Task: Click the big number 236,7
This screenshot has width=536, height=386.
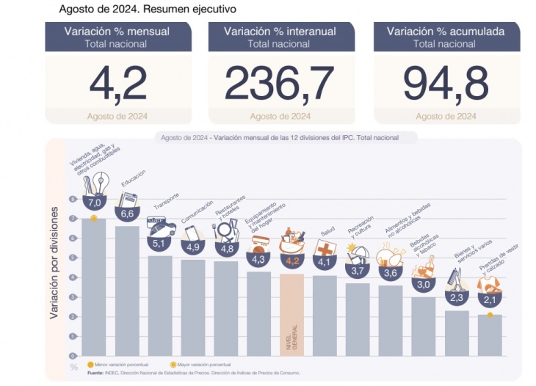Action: (279, 83)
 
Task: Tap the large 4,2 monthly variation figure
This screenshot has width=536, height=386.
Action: (118, 83)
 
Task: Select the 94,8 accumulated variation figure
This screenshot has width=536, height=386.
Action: (446, 83)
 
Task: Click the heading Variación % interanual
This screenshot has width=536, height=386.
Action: (280, 32)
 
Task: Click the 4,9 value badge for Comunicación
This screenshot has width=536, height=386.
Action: (193, 247)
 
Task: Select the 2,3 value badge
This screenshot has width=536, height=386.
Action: (455, 298)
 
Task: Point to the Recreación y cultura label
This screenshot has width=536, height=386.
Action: (361, 227)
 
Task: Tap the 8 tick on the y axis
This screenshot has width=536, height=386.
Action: (73, 199)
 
